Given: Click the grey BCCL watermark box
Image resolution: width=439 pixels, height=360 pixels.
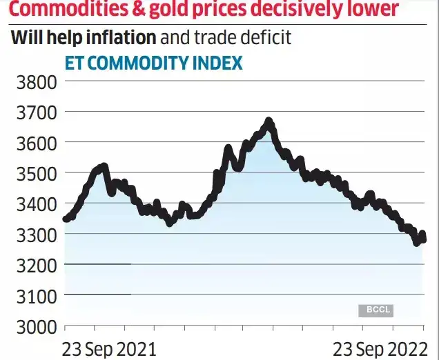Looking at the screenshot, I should [x=375, y=310].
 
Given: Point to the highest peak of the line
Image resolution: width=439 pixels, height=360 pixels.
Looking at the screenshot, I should [x=269, y=122].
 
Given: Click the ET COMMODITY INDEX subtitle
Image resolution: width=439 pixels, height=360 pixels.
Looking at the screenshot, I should [x=153, y=63].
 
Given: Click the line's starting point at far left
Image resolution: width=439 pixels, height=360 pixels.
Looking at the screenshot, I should [x=66, y=219].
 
